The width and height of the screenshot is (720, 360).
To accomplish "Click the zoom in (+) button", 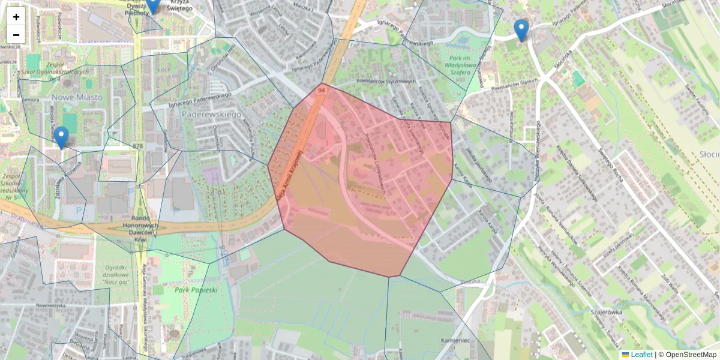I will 16,16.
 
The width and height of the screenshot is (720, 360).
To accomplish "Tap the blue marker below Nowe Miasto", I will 61,137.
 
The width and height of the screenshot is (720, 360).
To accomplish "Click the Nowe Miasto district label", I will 77,97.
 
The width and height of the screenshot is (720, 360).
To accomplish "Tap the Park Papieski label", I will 196,289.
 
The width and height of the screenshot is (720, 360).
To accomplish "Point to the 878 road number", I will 139,146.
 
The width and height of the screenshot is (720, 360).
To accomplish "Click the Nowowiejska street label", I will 50,305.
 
